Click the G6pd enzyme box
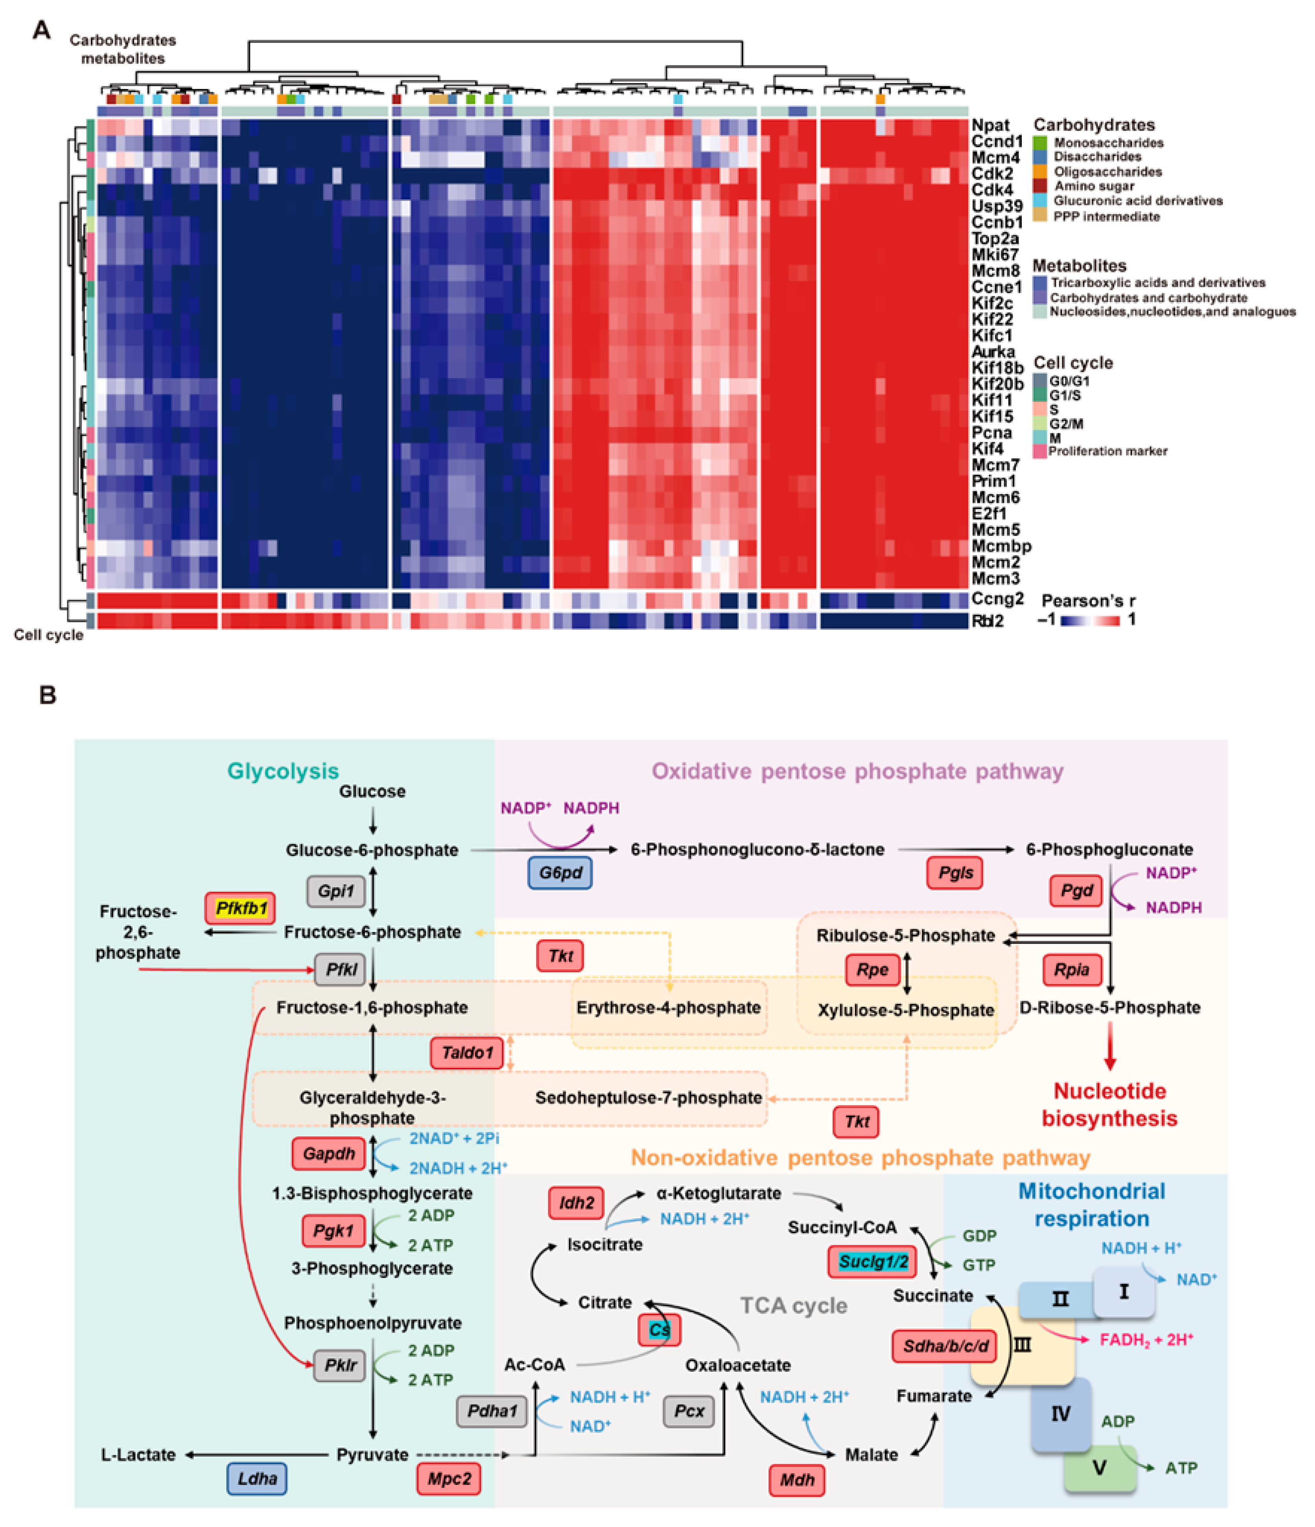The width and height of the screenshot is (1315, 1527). pyautogui.click(x=560, y=873)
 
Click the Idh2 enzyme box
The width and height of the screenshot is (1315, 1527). pyautogui.click(x=576, y=1203)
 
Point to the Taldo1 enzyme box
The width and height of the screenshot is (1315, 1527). pyautogui.click(x=467, y=1053)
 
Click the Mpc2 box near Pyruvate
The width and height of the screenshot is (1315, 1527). pyautogui.click(x=449, y=1478)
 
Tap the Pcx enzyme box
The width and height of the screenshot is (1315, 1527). pyautogui.click(x=689, y=1410)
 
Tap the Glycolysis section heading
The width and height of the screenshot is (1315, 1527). pyautogui.click(x=283, y=771)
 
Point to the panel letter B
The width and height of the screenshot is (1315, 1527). pyautogui.click(x=47, y=695)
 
